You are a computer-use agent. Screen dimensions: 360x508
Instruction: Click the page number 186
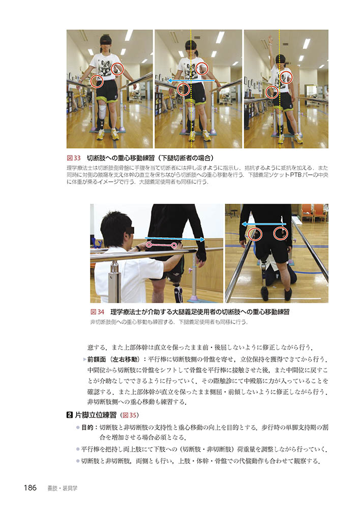pyautogui.click(x=30, y=488)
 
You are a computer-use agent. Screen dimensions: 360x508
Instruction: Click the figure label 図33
pyautogui.click(x=74, y=158)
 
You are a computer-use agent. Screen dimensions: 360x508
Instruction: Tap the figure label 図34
pyautogui.click(x=97, y=312)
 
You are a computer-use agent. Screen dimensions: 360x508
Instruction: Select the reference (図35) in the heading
pyautogui.click(x=129, y=415)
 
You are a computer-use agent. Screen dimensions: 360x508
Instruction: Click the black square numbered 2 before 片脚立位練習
pyautogui.click(x=69, y=415)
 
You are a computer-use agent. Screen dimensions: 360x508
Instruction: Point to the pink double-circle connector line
pyautogui.click(x=161, y=245)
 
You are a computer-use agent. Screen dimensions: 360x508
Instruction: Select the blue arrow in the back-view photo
pyautogui.click(x=264, y=224)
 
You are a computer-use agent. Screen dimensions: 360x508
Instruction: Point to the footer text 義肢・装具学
pyautogui.click(x=63, y=488)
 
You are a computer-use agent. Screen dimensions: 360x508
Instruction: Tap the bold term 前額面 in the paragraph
pyautogui.click(x=96, y=359)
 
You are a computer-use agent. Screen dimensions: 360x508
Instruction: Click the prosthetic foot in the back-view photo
pyautogui.click(x=264, y=293)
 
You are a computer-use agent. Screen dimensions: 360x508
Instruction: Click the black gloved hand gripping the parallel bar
pyautogui.click(x=201, y=256)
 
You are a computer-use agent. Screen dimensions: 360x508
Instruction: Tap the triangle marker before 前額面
pyautogui.click(x=84, y=359)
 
